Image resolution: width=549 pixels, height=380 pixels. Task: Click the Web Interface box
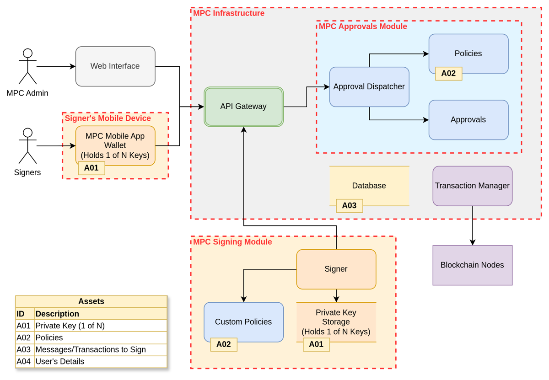[x=115, y=66]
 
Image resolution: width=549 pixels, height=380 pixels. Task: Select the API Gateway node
[x=243, y=107]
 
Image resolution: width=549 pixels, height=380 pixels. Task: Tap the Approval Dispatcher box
[x=369, y=87]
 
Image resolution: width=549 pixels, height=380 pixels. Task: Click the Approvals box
[x=468, y=120]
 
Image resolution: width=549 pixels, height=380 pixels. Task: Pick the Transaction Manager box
[x=472, y=186]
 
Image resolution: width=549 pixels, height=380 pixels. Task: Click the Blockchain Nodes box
[x=472, y=265]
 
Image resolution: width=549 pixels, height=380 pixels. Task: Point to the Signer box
[x=336, y=269]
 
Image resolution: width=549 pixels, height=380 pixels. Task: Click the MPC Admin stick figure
[x=27, y=66]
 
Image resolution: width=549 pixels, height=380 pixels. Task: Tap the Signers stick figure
[x=27, y=146]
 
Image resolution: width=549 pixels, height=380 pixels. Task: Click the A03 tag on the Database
[x=350, y=206]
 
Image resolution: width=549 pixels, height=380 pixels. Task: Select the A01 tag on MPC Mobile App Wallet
[x=91, y=168]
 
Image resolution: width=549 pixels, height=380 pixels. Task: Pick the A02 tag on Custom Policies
[x=224, y=344]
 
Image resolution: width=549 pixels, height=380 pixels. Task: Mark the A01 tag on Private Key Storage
[x=316, y=344]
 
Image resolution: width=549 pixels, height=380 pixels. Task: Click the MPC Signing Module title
[x=232, y=242]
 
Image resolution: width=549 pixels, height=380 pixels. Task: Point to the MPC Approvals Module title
[x=363, y=27]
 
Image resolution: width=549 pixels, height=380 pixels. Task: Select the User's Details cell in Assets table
[x=60, y=361]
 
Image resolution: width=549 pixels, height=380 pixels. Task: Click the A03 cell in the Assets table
[x=24, y=349]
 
